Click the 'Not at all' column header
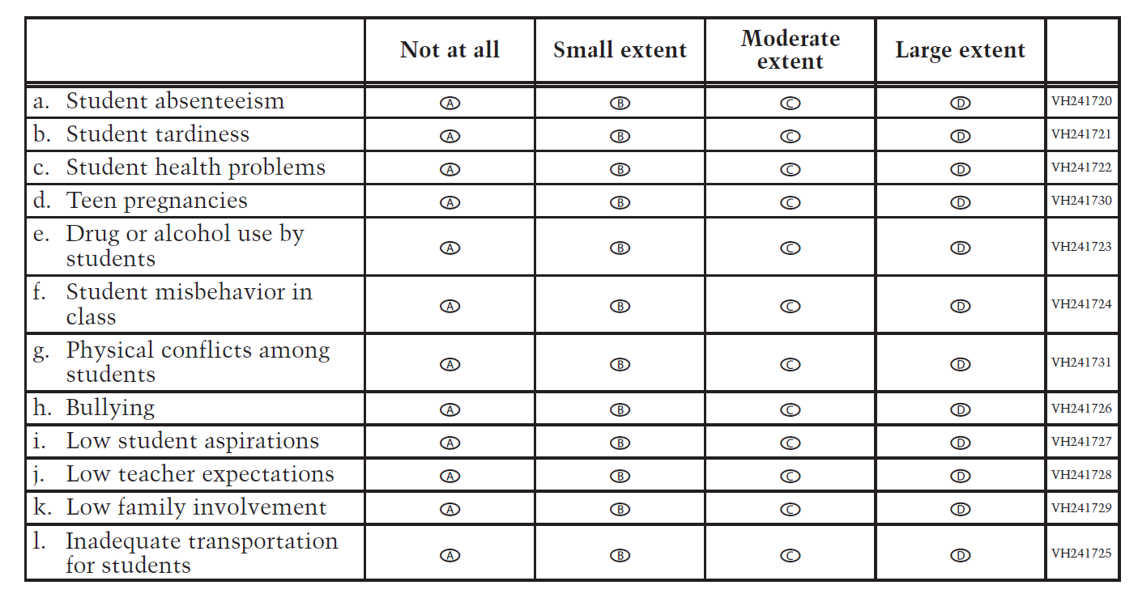(x=450, y=50)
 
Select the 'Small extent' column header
(x=620, y=50)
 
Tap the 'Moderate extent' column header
(x=790, y=50)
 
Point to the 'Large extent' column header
(x=960, y=50)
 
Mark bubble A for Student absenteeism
(x=450, y=103)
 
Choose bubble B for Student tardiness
(x=620, y=136)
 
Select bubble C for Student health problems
(x=790, y=169)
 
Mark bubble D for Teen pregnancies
(x=960, y=202)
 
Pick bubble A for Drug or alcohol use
(x=450, y=248)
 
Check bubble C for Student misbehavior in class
(x=790, y=306)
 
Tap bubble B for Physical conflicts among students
(x=620, y=364)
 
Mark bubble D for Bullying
(x=960, y=409)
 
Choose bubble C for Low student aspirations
(x=790, y=443)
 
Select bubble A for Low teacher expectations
(x=450, y=476)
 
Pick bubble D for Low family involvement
(x=960, y=509)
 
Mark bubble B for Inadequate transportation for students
(x=620, y=555)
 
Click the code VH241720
(x=1081, y=102)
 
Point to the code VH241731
(x=1081, y=363)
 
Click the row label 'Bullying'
(x=110, y=408)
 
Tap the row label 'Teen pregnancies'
(x=156, y=201)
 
